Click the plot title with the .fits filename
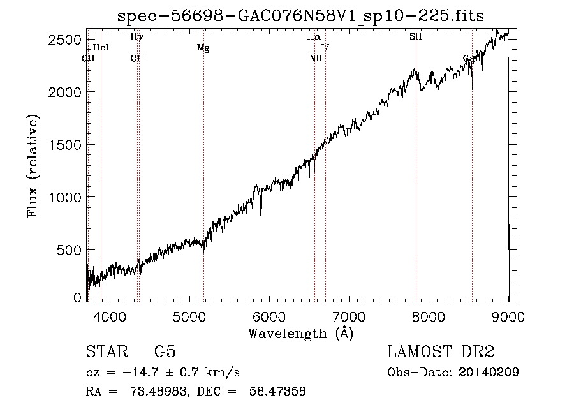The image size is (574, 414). tap(301, 16)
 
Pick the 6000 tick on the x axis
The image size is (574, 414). tap(269, 315)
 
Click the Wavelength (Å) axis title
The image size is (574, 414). tap(300, 333)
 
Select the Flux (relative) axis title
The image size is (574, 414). tap(33, 166)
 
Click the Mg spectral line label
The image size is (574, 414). tap(203, 48)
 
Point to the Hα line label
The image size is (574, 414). tap(313, 37)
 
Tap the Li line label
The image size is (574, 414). tap(325, 48)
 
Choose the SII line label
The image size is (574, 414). tap(416, 37)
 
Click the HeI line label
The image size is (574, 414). tap(101, 48)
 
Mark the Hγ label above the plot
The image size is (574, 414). tap(136, 37)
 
